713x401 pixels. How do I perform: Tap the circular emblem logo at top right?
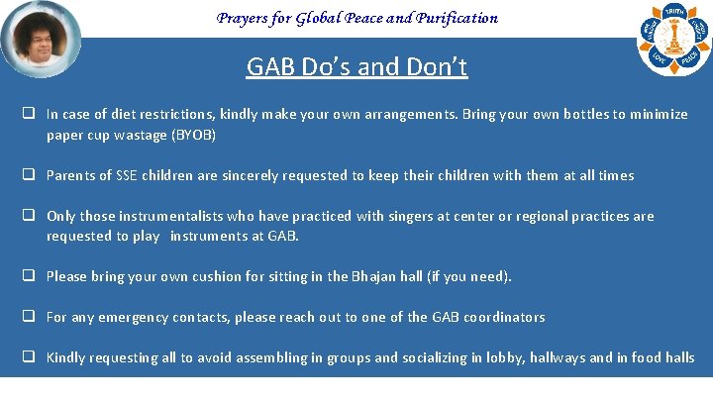pyautogui.click(x=673, y=39)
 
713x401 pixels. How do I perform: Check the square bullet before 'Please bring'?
pyautogui.click(x=31, y=276)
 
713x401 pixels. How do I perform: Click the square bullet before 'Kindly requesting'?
pyautogui.click(x=31, y=357)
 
